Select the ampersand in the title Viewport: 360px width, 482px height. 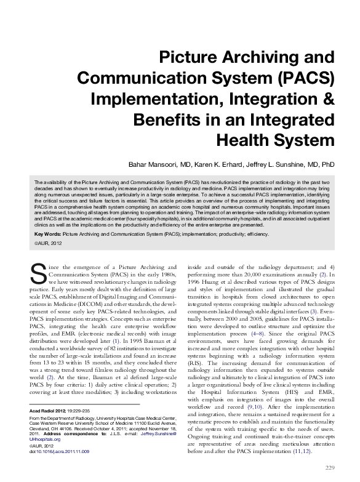click(x=326, y=98)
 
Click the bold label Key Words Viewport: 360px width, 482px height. click(x=47, y=235)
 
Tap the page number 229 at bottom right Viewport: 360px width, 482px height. click(x=329, y=467)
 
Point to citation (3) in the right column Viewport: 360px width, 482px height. click(x=314, y=311)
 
